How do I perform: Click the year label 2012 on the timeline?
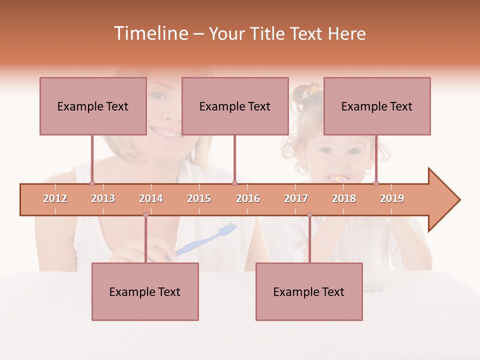[55, 198]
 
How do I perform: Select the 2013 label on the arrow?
[103, 198]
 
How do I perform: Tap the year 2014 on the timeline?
[151, 198]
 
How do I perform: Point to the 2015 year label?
[199, 198]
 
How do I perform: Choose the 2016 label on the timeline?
[248, 198]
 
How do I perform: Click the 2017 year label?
[296, 198]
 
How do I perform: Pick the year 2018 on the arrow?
[344, 198]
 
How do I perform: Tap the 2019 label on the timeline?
[392, 198]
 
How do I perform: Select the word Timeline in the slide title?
[149, 33]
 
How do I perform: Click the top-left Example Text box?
[93, 106]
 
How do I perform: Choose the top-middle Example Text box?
[235, 106]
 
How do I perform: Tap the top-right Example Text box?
[377, 106]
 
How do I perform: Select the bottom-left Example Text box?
[145, 291]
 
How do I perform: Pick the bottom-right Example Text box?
[309, 291]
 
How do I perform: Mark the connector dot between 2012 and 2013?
[92, 183]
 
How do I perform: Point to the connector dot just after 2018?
[376, 183]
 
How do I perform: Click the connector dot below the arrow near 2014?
[145, 215]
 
